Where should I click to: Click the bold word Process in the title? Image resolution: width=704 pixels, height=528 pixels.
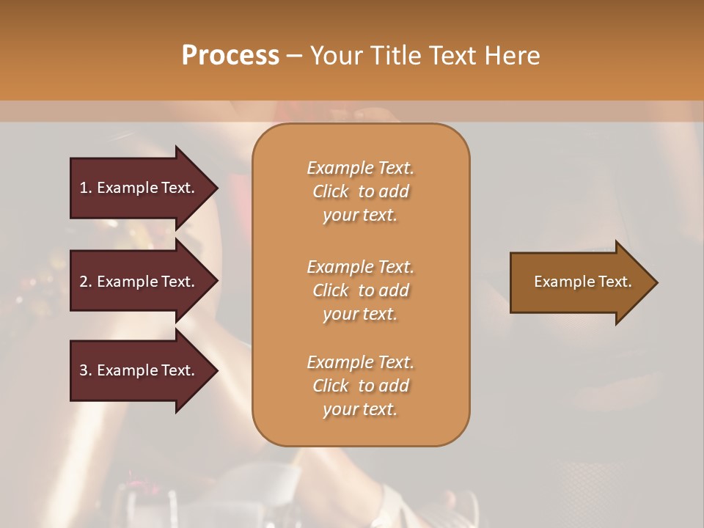[230, 56]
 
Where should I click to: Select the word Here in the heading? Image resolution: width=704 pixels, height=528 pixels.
[513, 56]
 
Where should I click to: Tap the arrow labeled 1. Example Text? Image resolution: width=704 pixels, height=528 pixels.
[139, 188]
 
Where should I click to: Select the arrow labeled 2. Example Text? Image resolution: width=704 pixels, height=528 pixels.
[139, 282]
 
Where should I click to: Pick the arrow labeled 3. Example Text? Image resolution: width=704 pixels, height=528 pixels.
[139, 370]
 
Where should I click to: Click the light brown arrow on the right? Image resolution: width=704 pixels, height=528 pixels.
[579, 282]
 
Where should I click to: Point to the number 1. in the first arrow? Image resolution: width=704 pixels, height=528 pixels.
[86, 188]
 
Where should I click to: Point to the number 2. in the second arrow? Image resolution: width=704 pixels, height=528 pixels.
[86, 282]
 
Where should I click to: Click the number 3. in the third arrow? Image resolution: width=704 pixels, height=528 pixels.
[86, 370]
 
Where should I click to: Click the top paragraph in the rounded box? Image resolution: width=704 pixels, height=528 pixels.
[360, 191]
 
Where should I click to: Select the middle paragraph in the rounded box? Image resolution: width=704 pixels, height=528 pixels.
[360, 290]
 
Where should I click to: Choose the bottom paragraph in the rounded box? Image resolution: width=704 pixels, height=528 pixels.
[360, 386]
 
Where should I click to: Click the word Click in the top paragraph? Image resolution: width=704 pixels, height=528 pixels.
[331, 191]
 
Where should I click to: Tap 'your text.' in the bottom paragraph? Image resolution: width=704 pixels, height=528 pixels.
[360, 409]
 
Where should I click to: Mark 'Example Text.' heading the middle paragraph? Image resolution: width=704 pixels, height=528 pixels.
[360, 266]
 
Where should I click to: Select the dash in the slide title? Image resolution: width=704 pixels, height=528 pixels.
[295, 56]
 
